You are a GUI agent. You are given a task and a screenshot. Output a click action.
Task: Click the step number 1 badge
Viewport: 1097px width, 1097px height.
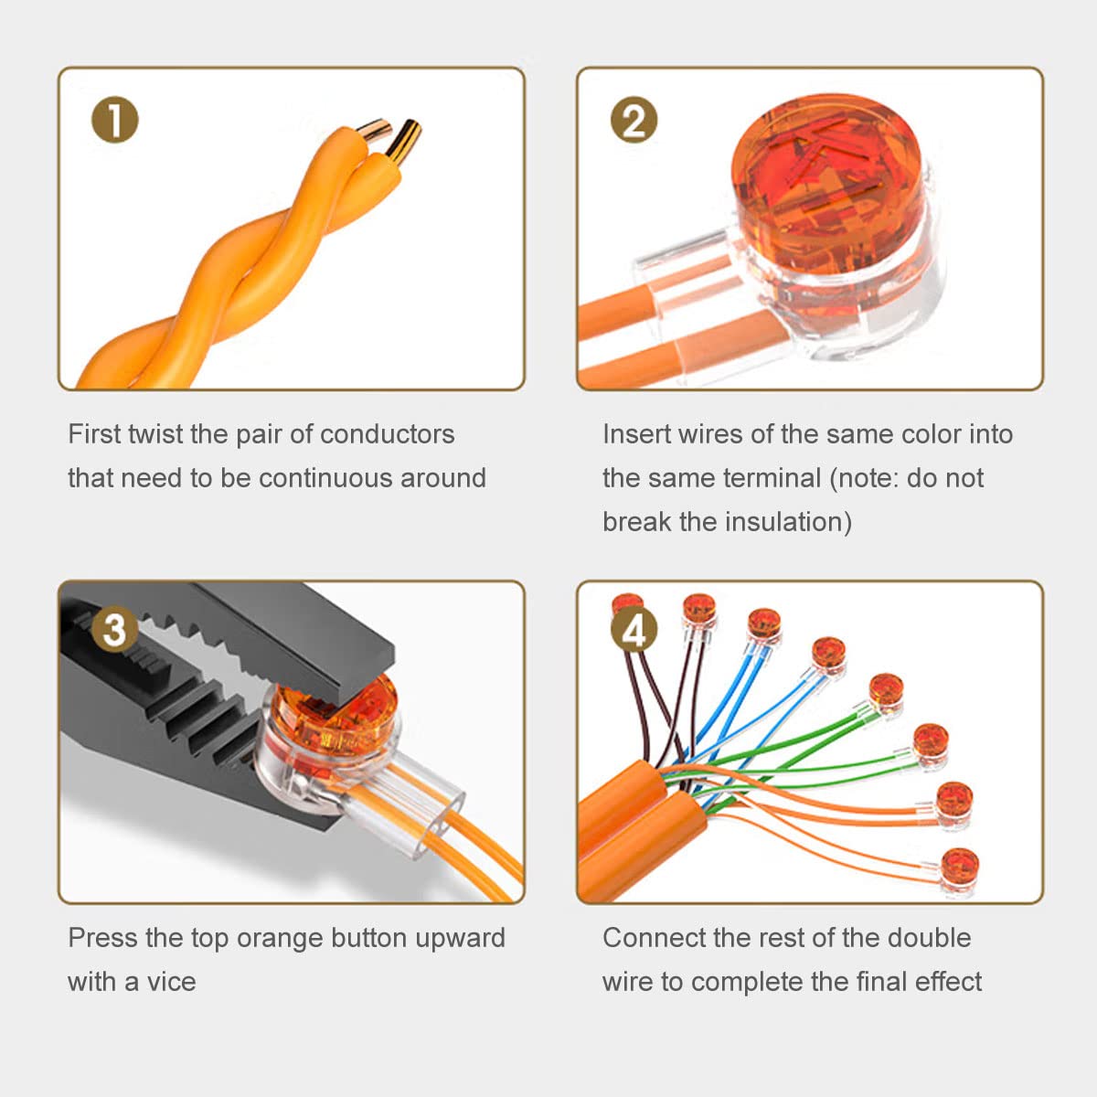114,120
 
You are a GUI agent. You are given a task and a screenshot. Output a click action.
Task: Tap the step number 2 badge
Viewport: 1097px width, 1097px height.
634,120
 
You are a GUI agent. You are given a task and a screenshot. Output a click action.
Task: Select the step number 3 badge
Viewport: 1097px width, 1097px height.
114,629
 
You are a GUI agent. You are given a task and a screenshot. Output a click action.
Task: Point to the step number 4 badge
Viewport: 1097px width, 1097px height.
634,629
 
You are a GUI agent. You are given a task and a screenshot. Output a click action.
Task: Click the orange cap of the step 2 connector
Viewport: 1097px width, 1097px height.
826,181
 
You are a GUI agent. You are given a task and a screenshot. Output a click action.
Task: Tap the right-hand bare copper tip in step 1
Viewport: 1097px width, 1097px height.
405,141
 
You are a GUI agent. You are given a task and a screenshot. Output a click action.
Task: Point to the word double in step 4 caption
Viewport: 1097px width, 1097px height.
929,938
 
